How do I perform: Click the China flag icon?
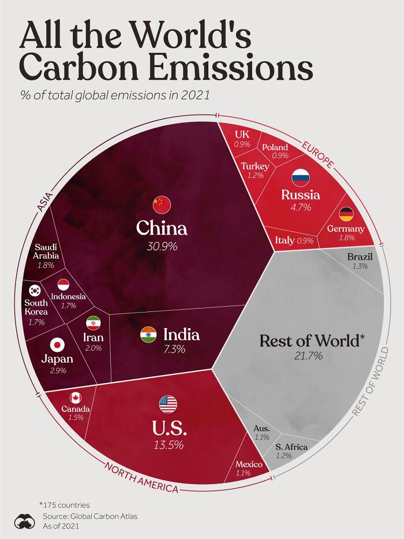(162, 204)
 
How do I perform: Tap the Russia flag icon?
(301, 176)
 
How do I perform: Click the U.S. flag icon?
(167, 404)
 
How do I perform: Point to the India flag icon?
(148, 335)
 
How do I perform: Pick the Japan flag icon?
(57, 345)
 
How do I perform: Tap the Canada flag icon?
(76, 397)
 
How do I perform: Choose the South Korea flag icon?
(35, 291)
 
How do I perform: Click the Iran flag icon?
(93, 322)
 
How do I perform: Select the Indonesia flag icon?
(63, 284)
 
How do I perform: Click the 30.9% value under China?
(162, 246)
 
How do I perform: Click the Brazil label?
(360, 257)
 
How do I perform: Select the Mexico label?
(249, 464)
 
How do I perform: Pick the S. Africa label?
(291, 447)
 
